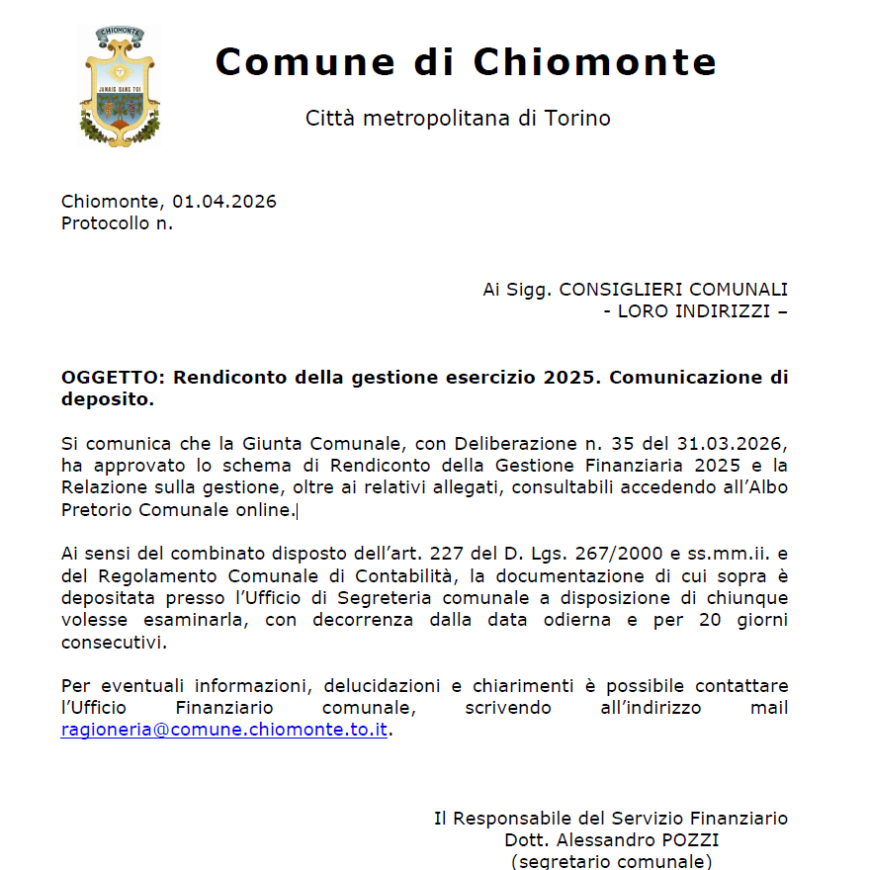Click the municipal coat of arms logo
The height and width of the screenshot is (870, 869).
coord(120,86)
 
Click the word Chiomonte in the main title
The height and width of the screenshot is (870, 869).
coord(595,62)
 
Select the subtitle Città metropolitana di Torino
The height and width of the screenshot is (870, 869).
coord(458,119)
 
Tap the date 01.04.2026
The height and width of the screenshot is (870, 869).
coord(224,202)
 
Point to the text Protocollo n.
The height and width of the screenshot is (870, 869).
coord(117,223)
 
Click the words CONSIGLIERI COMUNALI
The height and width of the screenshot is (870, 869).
coord(673,290)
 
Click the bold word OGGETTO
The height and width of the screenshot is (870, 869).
coord(114,378)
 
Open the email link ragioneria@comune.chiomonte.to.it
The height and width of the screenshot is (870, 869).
coord(223,730)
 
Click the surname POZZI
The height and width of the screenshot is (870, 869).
coord(690,840)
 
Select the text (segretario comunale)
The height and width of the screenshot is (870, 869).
coord(611,861)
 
